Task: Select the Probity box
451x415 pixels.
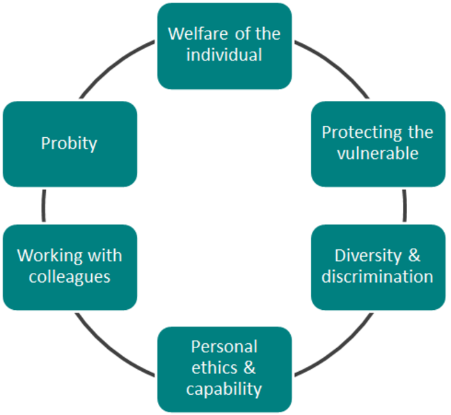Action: (70, 144)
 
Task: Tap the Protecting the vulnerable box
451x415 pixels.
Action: (378, 144)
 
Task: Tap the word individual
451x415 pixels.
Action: (224, 56)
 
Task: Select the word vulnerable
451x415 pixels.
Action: (378, 154)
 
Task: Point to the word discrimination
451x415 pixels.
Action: (378, 277)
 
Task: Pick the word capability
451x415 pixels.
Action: (224, 389)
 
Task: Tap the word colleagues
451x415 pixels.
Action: (70, 277)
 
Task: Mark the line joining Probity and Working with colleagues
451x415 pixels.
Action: (44, 205)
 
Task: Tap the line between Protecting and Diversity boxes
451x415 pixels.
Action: (405, 205)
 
